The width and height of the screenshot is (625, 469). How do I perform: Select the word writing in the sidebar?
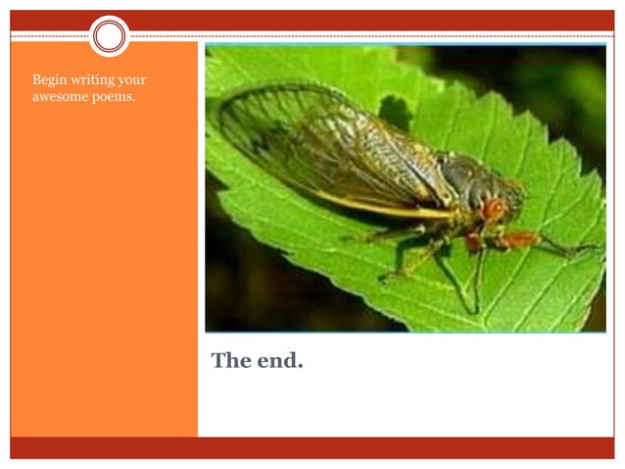tap(93, 79)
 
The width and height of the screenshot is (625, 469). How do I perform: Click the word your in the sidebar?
tap(133, 79)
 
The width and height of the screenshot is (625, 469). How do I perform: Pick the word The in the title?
tap(231, 361)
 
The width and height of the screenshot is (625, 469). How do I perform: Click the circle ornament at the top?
tap(110, 36)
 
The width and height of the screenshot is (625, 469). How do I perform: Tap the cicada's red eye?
tap(494, 208)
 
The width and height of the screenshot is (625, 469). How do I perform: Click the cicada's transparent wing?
tap(323, 147)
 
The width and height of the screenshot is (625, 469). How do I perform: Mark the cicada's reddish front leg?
tap(519, 238)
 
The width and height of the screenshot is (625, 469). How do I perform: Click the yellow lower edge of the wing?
tap(392, 206)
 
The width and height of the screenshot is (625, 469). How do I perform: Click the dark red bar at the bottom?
tap(312, 447)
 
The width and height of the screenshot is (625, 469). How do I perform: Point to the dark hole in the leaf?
tap(394, 110)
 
